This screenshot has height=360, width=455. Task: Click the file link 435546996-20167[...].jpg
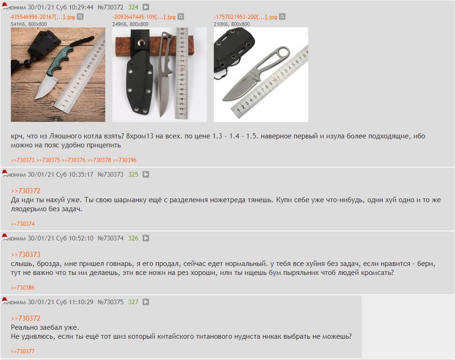tap(43, 17)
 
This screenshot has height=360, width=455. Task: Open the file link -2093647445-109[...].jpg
tap(144, 17)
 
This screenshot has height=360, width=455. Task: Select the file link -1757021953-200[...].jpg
tap(245, 17)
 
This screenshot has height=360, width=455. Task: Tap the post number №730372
tap(110, 7)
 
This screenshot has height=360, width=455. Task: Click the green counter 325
tap(133, 175)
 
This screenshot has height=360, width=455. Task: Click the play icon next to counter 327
tap(146, 302)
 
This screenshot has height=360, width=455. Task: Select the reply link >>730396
tap(125, 160)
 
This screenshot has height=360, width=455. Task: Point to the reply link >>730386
tap(23, 288)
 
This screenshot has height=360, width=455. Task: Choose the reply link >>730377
tap(23, 351)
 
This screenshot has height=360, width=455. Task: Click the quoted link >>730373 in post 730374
tap(25, 255)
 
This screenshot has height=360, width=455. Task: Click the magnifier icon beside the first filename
tap(80, 17)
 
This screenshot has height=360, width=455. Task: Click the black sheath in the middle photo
tap(140, 78)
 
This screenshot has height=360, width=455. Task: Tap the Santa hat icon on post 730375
tap(5, 300)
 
